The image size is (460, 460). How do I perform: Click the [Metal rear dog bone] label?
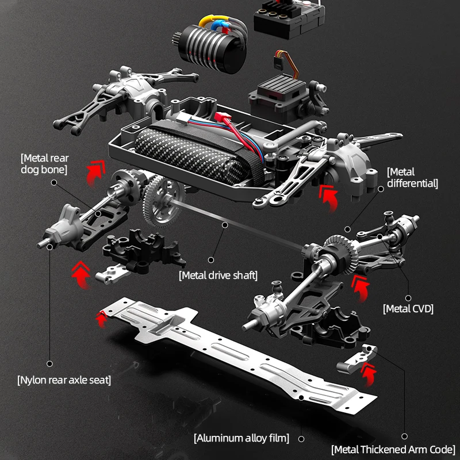pos(44,163)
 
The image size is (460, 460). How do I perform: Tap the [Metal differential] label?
pos(412,177)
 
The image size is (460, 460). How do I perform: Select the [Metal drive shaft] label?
pos(218,275)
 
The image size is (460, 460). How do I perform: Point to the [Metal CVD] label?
pos(408,309)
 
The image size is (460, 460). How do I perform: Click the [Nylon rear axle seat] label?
pos(64,379)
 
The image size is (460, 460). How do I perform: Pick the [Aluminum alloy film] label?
pos(241,438)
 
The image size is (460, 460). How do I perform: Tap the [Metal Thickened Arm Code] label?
pos(393,449)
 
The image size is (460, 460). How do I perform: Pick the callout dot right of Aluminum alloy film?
pos(301,439)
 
